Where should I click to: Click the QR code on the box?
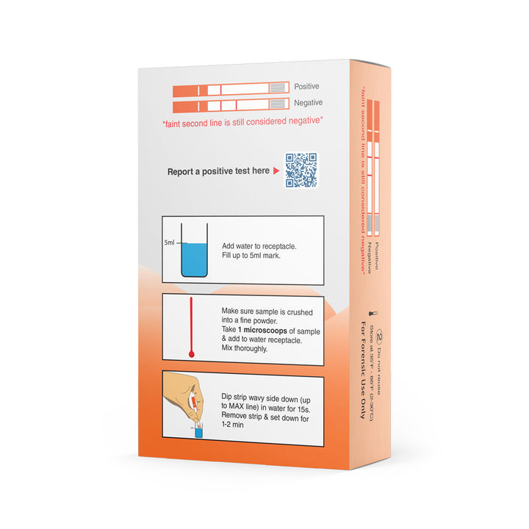301,170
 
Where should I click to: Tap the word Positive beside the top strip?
307,87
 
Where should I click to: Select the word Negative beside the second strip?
308,104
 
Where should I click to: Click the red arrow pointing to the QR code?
276,171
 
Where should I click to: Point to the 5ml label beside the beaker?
170,242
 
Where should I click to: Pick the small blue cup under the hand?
198,433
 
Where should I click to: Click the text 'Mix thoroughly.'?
246,349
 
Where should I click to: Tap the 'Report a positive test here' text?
218,171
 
